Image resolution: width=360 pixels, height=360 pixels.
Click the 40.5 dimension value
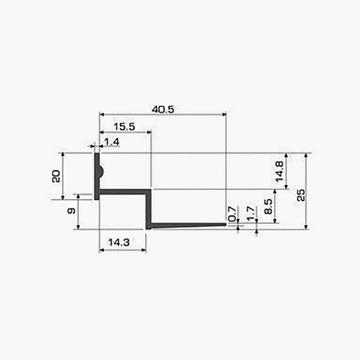tap(163, 110)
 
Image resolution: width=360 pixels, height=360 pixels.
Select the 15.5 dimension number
tap(124, 127)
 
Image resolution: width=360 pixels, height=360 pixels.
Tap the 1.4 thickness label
tap(112, 142)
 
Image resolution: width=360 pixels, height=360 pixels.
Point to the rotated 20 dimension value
tap(56, 176)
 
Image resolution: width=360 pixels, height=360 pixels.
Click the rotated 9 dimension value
tap(71, 211)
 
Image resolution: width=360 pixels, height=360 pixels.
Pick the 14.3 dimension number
tap(119, 243)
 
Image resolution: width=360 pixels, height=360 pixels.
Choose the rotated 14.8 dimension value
tap(280, 172)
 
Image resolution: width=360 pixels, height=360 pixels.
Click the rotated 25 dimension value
tap(301, 195)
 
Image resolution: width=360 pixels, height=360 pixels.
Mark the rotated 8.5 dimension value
tap(268, 206)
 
